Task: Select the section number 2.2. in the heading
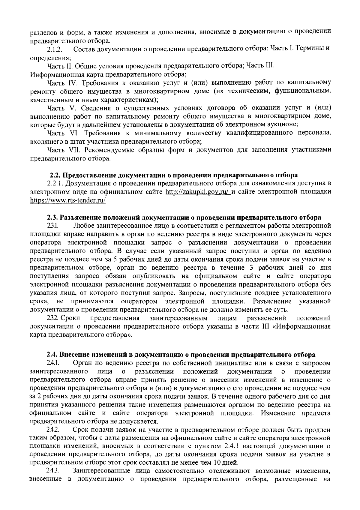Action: [x=55, y=175]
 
